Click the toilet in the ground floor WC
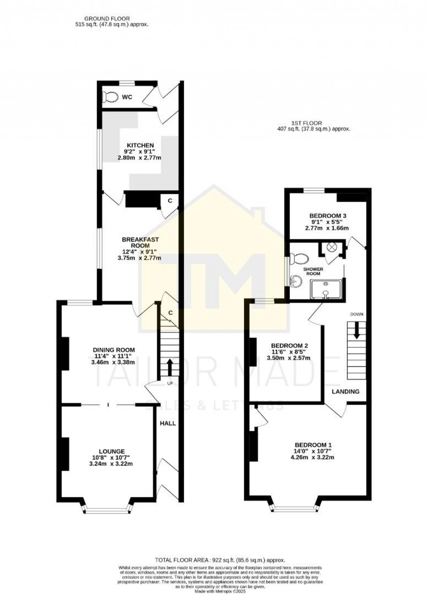[x=110, y=97]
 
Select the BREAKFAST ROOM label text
[x=140, y=242]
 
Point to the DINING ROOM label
[x=114, y=350]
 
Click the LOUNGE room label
[x=112, y=451]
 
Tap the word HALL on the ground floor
[x=168, y=423]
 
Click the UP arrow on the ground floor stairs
[x=170, y=367]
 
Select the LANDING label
[x=346, y=392]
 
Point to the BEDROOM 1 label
[x=313, y=445]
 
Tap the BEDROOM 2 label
[x=290, y=346]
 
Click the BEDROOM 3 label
[x=328, y=216]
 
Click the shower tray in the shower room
[x=326, y=289]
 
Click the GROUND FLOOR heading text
[x=107, y=18]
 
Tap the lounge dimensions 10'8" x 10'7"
[x=112, y=458]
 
